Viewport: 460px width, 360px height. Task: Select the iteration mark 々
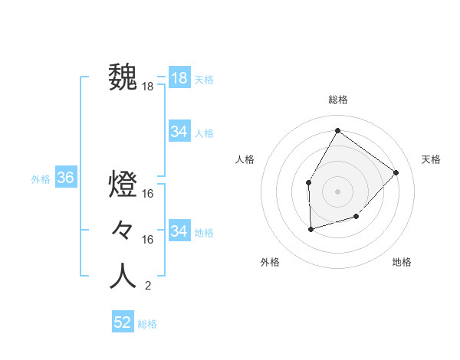point(123,230)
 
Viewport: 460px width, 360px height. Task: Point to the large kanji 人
point(123,276)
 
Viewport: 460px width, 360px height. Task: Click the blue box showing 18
point(179,78)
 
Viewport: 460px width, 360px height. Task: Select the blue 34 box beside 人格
point(179,132)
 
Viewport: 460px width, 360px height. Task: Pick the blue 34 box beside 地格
point(179,231)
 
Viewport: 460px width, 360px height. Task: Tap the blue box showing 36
point(66,178)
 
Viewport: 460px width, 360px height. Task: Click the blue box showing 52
point(123,322)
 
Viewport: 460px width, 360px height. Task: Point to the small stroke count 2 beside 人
point(147,286)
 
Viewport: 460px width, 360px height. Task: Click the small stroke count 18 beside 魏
point(148,87)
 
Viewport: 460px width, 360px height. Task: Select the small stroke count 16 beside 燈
point(148,194)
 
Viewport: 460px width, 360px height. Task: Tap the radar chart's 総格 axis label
point(337,100)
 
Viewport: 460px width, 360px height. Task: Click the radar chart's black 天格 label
point(432,159)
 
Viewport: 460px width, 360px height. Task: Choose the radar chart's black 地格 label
point(402,262)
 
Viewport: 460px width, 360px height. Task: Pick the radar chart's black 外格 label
point(270,262)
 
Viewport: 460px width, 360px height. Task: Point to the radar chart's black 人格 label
point(245,159)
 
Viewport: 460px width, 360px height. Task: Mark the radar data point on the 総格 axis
point(337,130)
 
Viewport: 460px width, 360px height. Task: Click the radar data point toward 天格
point(396,172)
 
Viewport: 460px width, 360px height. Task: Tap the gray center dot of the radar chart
point(337,191)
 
